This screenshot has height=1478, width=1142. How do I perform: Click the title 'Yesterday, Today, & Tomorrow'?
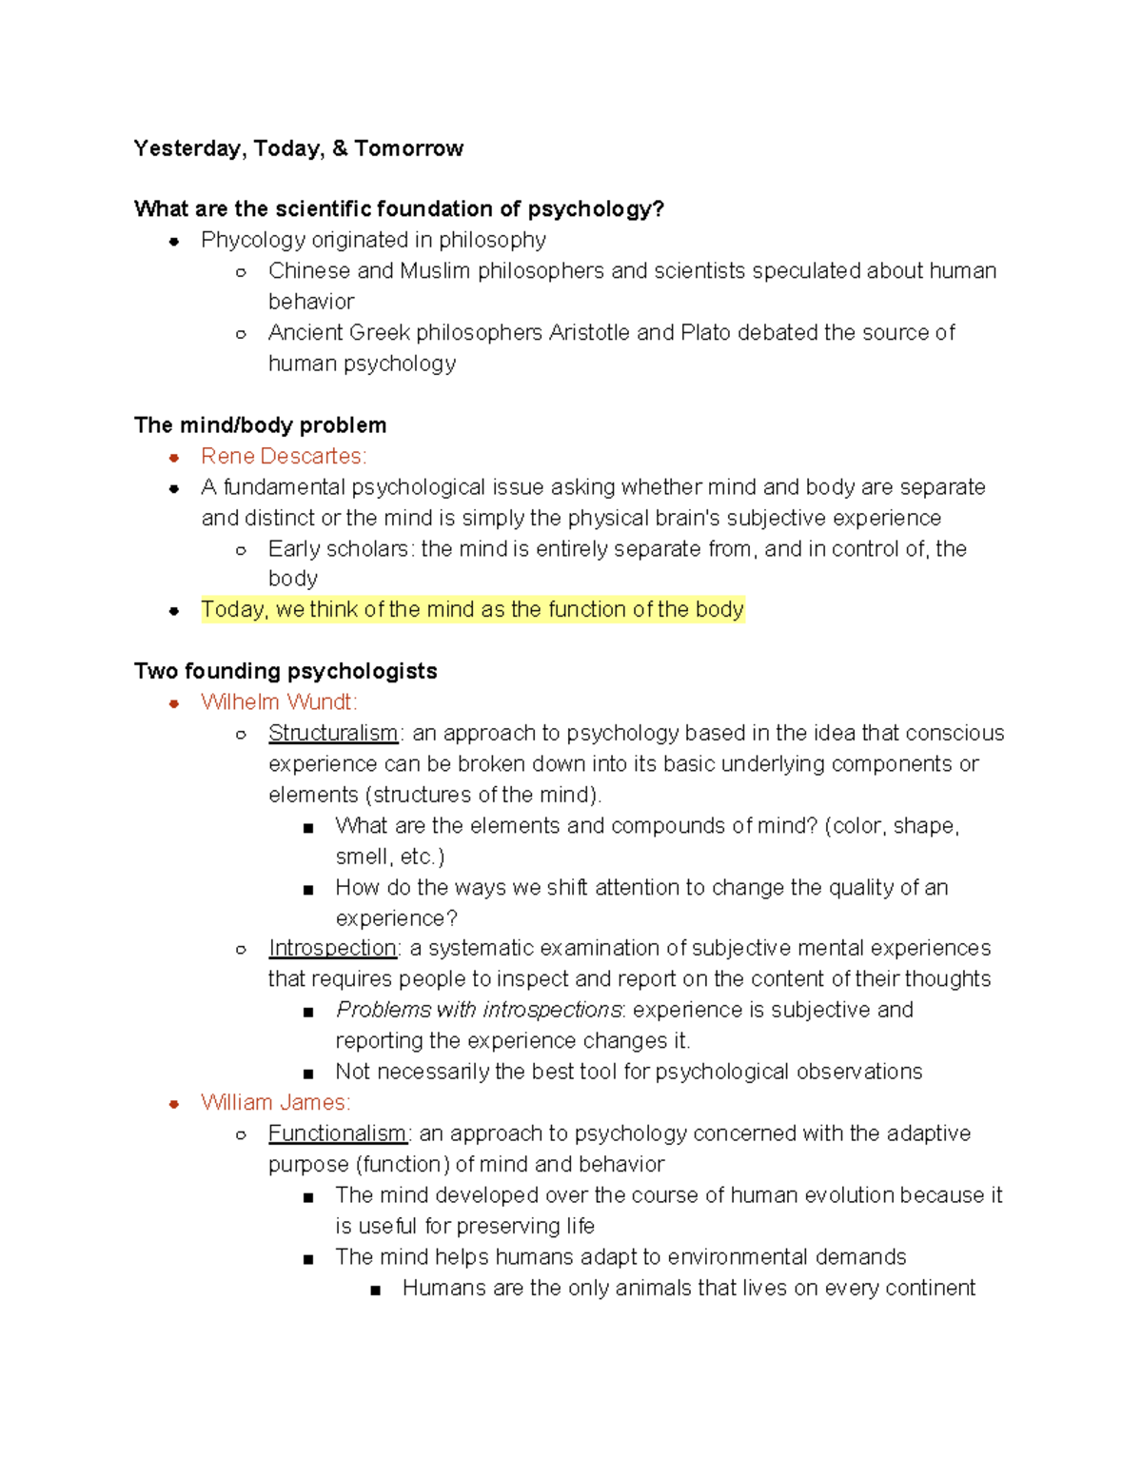click(298, 148)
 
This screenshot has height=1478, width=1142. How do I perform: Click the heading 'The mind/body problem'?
click(260, 425)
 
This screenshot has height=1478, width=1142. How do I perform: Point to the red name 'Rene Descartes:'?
click(283, 457)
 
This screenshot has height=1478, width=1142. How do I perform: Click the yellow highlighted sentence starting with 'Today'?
click(472, 610)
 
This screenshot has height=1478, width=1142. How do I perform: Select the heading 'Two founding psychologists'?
click(285, 671)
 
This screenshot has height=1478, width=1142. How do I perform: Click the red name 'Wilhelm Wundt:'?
click(279, 702)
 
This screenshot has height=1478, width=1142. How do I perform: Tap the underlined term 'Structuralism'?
click(333, 733)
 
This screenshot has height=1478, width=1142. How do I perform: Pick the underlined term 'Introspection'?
click(332, 948)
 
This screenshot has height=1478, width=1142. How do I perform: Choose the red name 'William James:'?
click(275, 1103)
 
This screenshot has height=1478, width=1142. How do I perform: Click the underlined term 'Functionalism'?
click(337, 1133)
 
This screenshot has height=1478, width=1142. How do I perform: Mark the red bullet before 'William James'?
click(174, 1104)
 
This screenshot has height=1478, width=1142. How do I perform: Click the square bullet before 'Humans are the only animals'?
click(376, 1291)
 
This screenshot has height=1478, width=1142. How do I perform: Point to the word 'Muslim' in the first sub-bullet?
click(435, 271)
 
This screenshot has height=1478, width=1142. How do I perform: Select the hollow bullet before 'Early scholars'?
click(242, 550)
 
